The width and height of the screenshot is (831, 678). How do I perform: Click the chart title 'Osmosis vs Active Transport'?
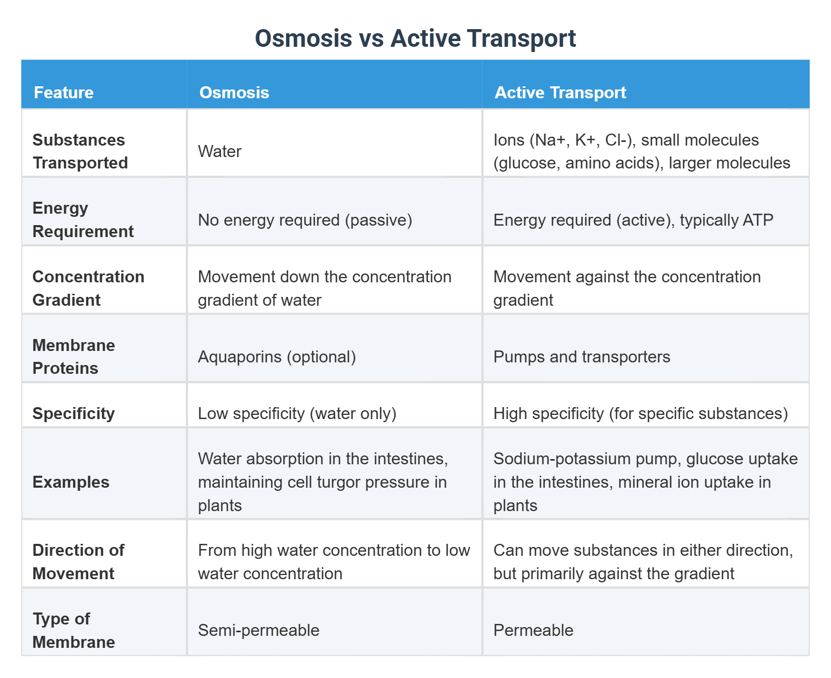[415, 38]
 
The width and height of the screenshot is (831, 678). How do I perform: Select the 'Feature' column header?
[63, 93]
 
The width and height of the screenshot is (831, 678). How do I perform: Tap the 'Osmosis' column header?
[234, 93]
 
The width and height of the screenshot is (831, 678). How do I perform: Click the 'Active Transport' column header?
[560, 93]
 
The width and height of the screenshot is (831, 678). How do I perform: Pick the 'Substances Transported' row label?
[79, 151]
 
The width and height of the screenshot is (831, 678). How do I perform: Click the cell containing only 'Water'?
[220, 151]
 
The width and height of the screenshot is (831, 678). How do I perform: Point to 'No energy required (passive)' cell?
[305, 220]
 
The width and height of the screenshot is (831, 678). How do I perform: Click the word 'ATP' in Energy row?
[758, 220]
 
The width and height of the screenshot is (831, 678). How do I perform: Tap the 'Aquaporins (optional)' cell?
[277, 357]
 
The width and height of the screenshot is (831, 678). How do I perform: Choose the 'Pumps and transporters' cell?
[581, 357]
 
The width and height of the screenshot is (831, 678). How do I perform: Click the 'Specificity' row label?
[73, 413]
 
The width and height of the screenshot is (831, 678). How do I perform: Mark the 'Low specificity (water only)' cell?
[297, 413]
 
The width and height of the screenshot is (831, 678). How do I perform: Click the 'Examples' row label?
[71, 482]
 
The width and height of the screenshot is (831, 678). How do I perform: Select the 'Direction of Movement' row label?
[78, 562]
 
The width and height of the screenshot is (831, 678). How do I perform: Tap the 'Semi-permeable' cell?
[259, 630]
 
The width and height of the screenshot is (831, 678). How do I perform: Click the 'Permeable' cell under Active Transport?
[533, 630]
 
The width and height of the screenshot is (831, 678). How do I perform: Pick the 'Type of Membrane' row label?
[73, 630]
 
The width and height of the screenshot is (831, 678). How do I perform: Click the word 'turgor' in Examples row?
[339, 482]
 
